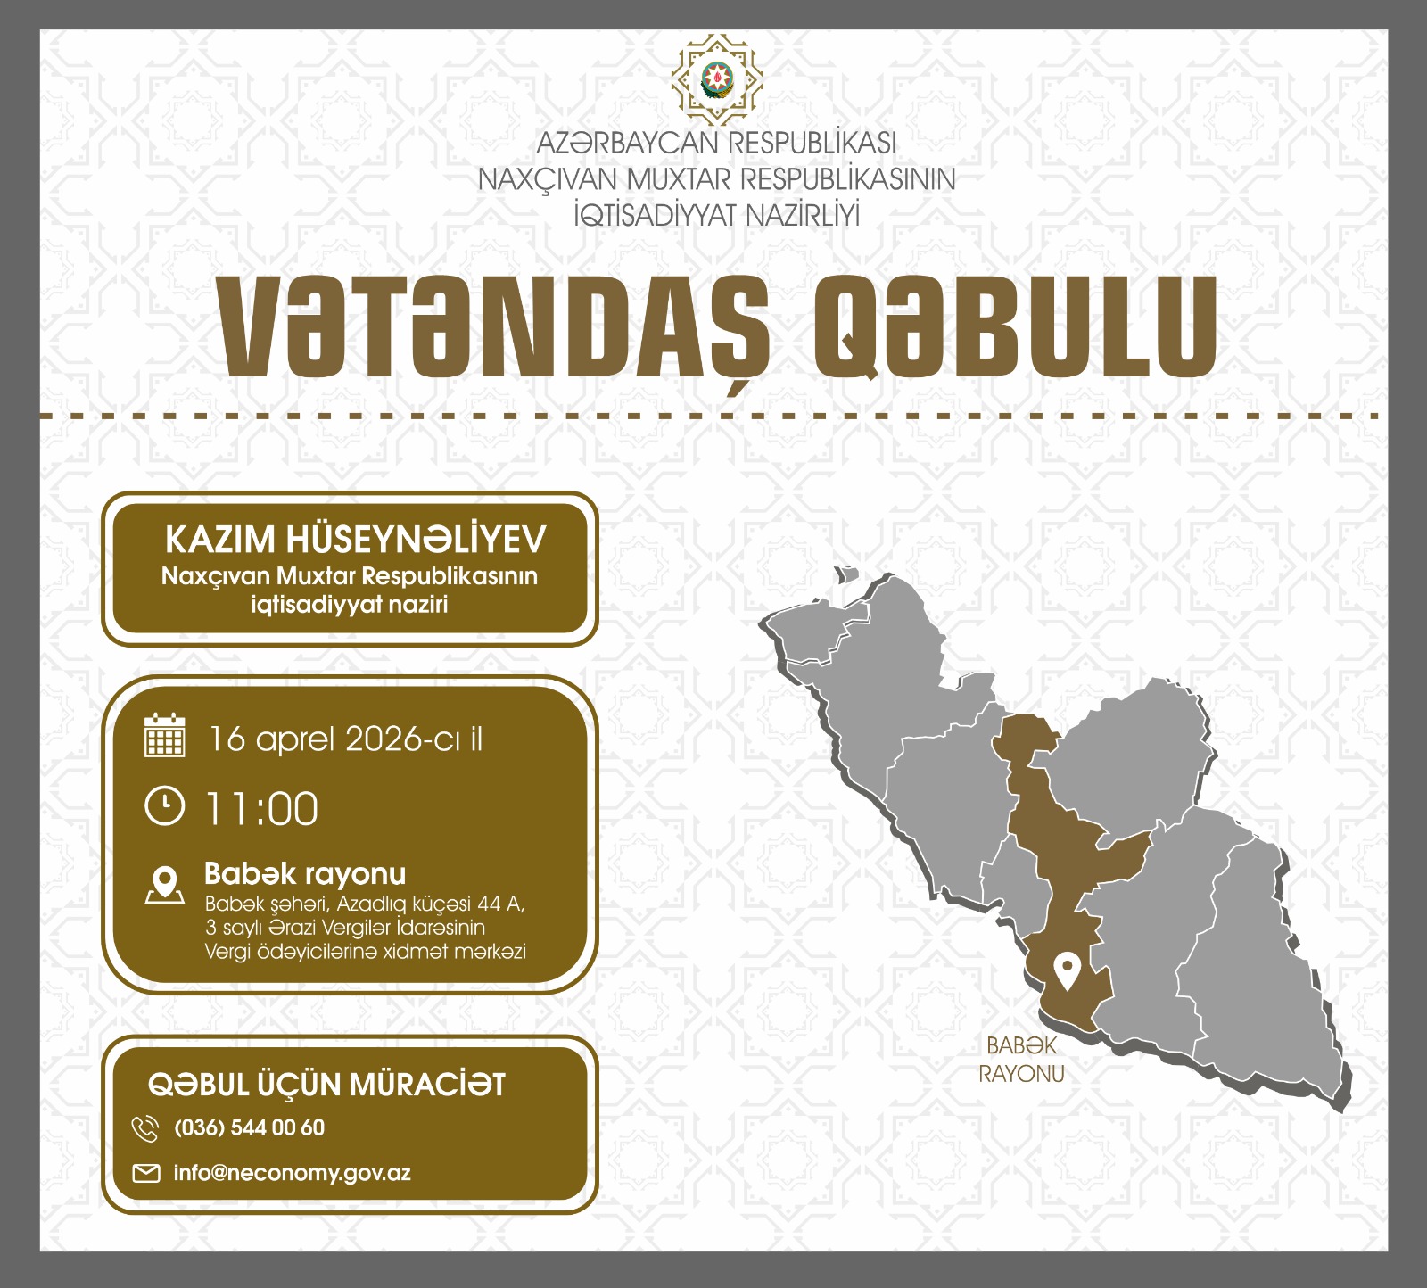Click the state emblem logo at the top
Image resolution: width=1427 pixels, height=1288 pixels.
717,79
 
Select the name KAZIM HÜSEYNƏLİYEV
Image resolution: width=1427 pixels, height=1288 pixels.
355,540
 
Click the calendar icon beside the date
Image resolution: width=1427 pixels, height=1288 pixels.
164,736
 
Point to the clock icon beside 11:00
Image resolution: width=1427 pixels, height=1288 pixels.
164,806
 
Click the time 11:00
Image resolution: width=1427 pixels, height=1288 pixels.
261,809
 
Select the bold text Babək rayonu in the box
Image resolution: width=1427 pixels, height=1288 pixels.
305,873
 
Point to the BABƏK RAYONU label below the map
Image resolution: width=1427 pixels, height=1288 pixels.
1022,1059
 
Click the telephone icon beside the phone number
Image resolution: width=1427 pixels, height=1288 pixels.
145,1128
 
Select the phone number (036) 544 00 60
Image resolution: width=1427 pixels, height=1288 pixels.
250,1127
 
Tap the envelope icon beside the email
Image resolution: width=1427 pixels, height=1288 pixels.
146,1173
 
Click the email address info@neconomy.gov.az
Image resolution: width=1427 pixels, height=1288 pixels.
293,1173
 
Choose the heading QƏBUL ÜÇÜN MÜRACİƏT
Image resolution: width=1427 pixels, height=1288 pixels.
326,1085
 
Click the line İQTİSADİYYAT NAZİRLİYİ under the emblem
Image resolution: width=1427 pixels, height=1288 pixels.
717,215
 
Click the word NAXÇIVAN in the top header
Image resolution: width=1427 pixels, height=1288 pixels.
548,179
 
